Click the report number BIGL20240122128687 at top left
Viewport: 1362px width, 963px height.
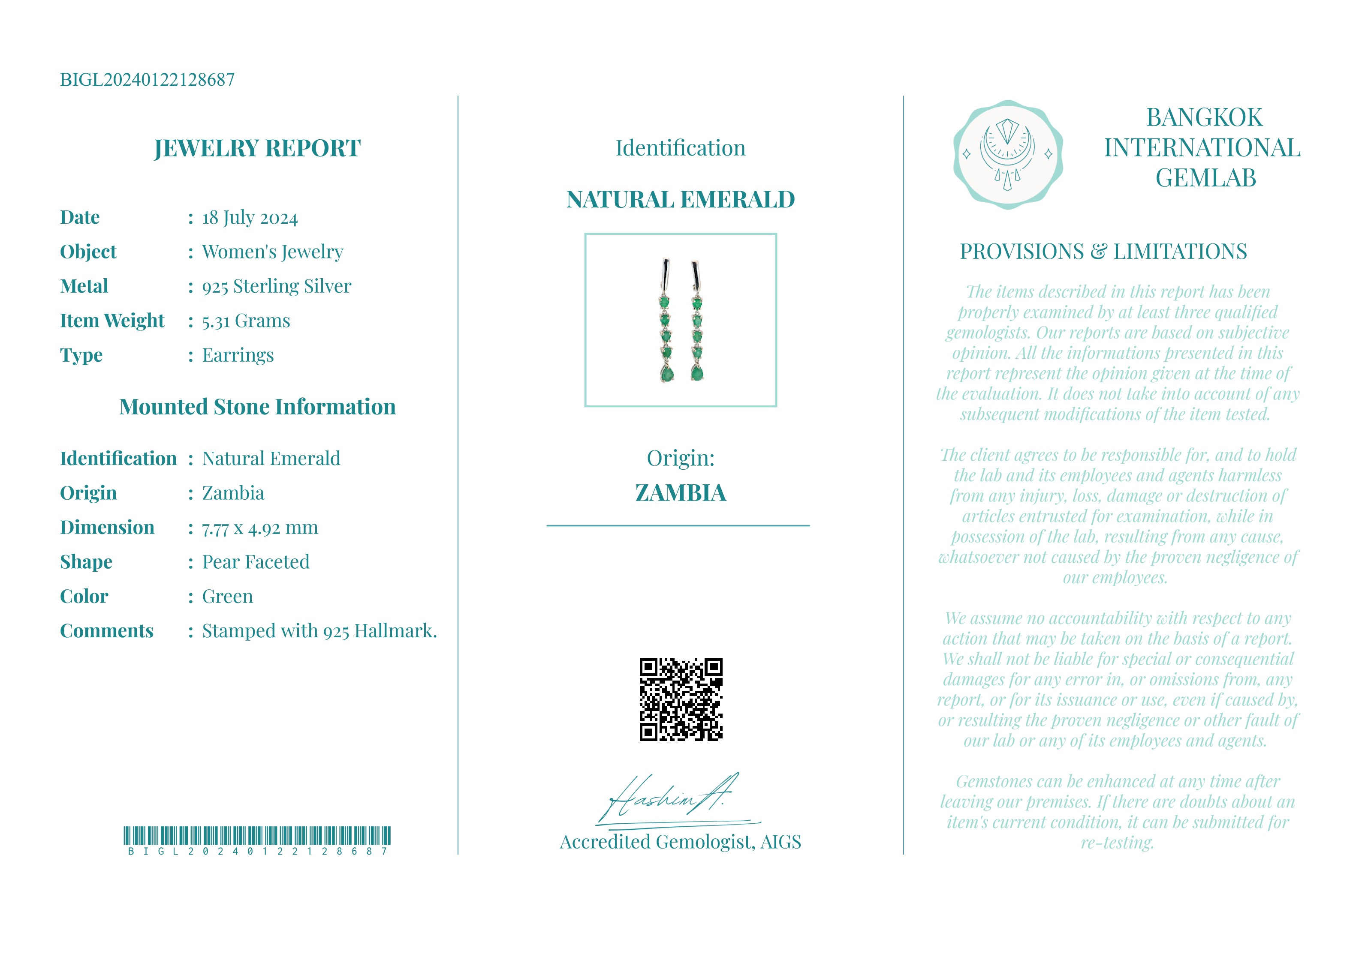147,79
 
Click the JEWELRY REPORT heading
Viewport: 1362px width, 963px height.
257,148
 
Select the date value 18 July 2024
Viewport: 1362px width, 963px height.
250,218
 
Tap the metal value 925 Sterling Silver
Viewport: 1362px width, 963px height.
277,286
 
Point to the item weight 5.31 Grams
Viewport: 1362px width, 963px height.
246,321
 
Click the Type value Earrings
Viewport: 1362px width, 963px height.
238,355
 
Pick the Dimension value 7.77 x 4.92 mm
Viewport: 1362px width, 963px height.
260,528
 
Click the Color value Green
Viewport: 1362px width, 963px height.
227,597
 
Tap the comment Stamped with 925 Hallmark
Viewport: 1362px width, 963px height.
319,631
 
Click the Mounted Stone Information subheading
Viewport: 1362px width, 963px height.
257,407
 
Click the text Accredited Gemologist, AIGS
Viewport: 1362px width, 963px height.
681,842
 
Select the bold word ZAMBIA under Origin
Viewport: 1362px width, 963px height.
681,493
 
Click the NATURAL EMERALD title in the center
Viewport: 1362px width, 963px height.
681,200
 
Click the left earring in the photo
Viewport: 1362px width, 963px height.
666,320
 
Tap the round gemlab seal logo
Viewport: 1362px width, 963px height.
1007,154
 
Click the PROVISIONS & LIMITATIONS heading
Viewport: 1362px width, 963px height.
1103,252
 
